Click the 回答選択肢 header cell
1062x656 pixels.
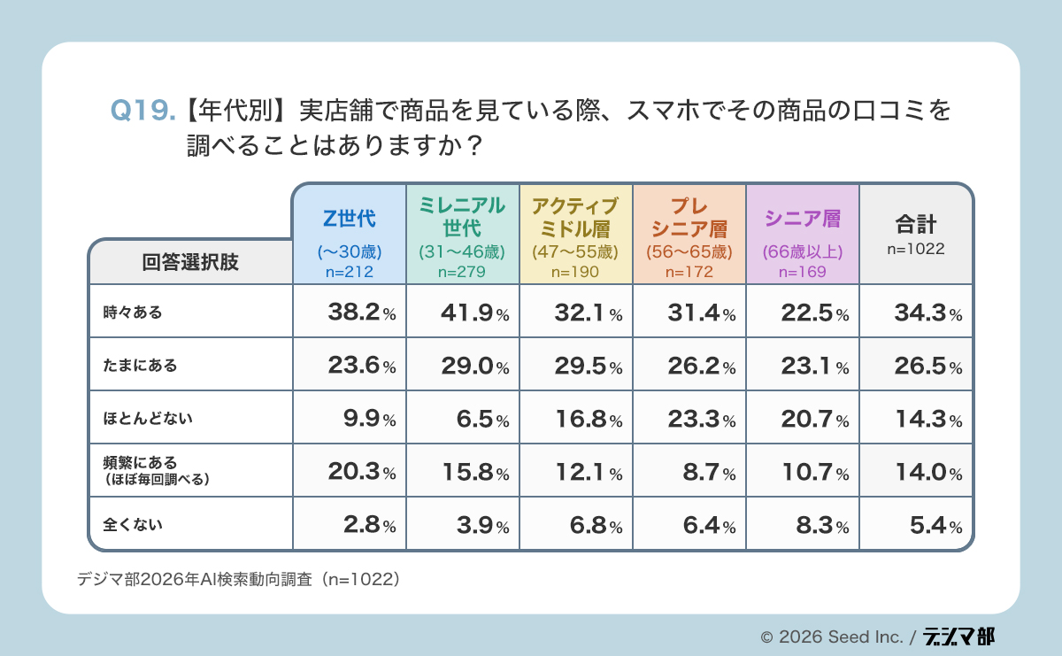click(x=190, y=262)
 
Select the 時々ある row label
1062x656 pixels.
click(x=134, y=312)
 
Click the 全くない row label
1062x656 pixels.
click(x=134, y=524)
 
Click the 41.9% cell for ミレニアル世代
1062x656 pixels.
click(x=463, y=313)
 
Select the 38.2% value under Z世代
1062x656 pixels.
click(x=350, y=313)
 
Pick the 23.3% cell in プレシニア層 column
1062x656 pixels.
click(x=689, y=419)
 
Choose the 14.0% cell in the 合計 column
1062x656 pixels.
click(x=916, y=472)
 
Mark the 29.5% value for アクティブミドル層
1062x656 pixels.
click(x=576, y=366)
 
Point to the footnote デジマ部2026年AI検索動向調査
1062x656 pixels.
click(x=239, y=579)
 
